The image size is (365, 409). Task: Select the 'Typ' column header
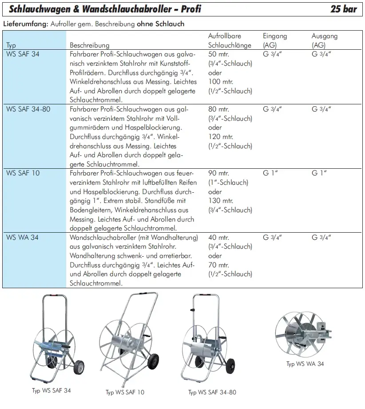tap(11, 45)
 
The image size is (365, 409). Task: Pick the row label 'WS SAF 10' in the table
tap(23, 173)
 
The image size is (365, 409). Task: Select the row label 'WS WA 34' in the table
tap(22, 237)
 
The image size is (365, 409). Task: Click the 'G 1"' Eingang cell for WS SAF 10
tap(270, 173)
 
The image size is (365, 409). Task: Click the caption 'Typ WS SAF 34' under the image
tap(51, 391)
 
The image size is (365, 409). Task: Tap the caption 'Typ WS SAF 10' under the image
tap(125, 393)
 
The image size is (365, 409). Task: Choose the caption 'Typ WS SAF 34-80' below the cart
tap(212, 393)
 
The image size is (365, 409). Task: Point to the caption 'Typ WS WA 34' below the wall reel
tap(305, 364)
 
